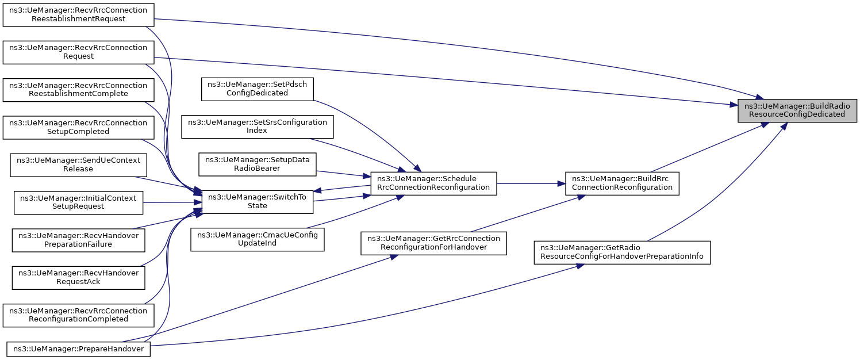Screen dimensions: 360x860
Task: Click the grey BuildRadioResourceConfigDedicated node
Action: coord(798,110)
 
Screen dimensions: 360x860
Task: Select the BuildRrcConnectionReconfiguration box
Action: coord(622,183)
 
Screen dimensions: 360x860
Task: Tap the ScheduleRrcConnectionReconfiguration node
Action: coord(433,183)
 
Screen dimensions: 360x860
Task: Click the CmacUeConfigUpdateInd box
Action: coord(258,239)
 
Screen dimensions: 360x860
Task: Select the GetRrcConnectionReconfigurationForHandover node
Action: coord(433,243)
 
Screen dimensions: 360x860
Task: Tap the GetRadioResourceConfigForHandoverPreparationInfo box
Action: coord(622,252)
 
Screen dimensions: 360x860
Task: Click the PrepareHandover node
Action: coord(78,348)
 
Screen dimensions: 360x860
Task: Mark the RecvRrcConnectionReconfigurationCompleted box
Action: coord(78,315)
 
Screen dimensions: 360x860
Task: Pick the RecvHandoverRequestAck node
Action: coord(78,277)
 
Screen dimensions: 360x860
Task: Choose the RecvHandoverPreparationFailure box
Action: coord(78,240)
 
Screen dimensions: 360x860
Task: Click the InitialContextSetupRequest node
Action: coord(78,202)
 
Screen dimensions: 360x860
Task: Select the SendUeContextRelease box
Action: coord(78,164)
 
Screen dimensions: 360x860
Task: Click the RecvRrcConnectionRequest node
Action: coord(78,52)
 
